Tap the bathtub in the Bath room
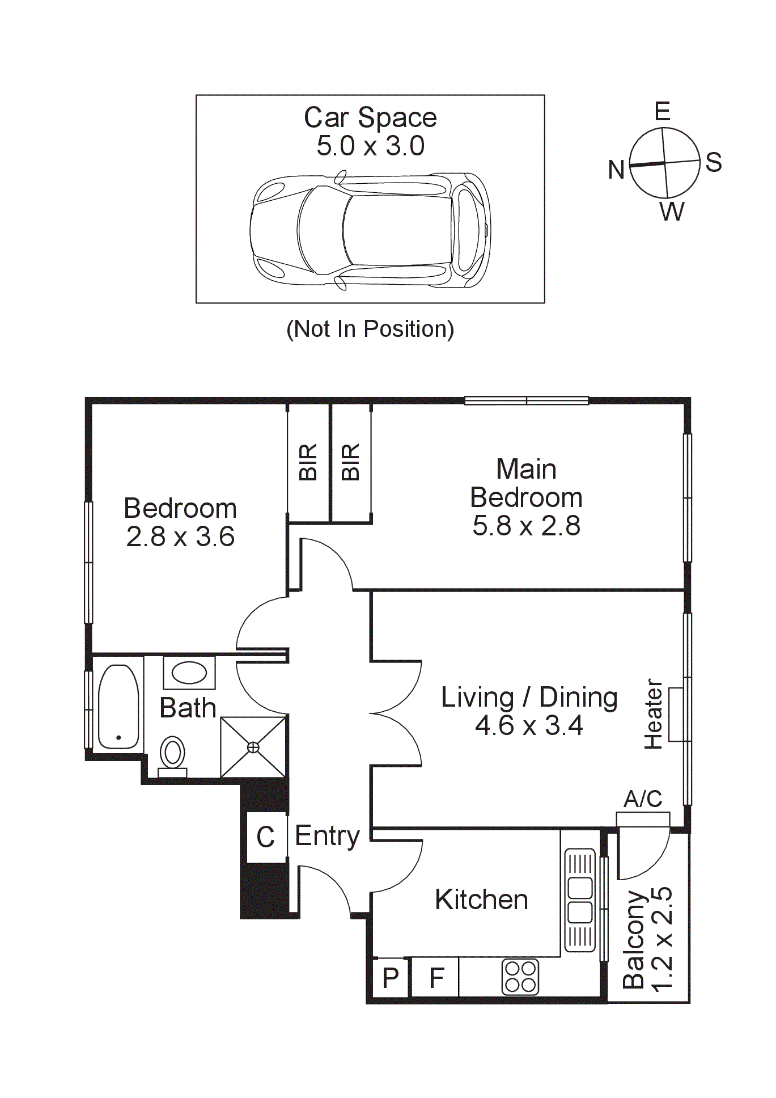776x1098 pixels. coord(118,707)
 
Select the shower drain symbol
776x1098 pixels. coord(253,748)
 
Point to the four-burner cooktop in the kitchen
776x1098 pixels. coord(520,977)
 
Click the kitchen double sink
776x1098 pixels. coord(580,901)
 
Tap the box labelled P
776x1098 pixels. coord(391,978)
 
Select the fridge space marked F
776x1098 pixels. coord(436,978)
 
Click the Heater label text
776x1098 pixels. coord(653,714)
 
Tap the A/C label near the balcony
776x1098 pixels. coord(643,799)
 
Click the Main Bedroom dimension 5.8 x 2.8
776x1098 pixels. coord(526,526)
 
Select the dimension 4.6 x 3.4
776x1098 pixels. coord(529,725)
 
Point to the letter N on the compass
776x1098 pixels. coord(616,170)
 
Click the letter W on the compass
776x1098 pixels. coord(672,212)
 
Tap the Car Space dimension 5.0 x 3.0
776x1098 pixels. coord(370,146)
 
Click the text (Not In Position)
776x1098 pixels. coord(370,329)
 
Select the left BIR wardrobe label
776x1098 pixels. coord(308,462)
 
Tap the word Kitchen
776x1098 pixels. coord(481,900)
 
